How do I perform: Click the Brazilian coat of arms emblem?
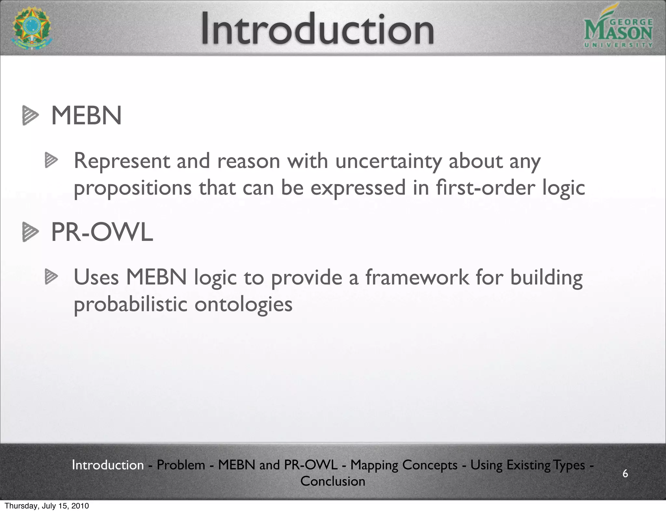coord(32,28)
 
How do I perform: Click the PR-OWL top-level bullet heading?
coord(102,232)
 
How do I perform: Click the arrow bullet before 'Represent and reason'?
coord(51,160)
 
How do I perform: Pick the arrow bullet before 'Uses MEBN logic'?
coord(51,277)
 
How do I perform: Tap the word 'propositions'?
coord(133,188)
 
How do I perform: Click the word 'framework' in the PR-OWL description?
coord(417,277)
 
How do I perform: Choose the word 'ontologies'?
coord(243,305)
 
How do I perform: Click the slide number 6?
coord(625,473)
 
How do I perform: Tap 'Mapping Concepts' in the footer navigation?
coord(404,465)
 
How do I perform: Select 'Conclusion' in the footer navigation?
coord(333,481)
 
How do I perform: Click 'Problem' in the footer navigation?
coord(181,465)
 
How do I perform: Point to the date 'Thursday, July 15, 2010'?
coord(47,506)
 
